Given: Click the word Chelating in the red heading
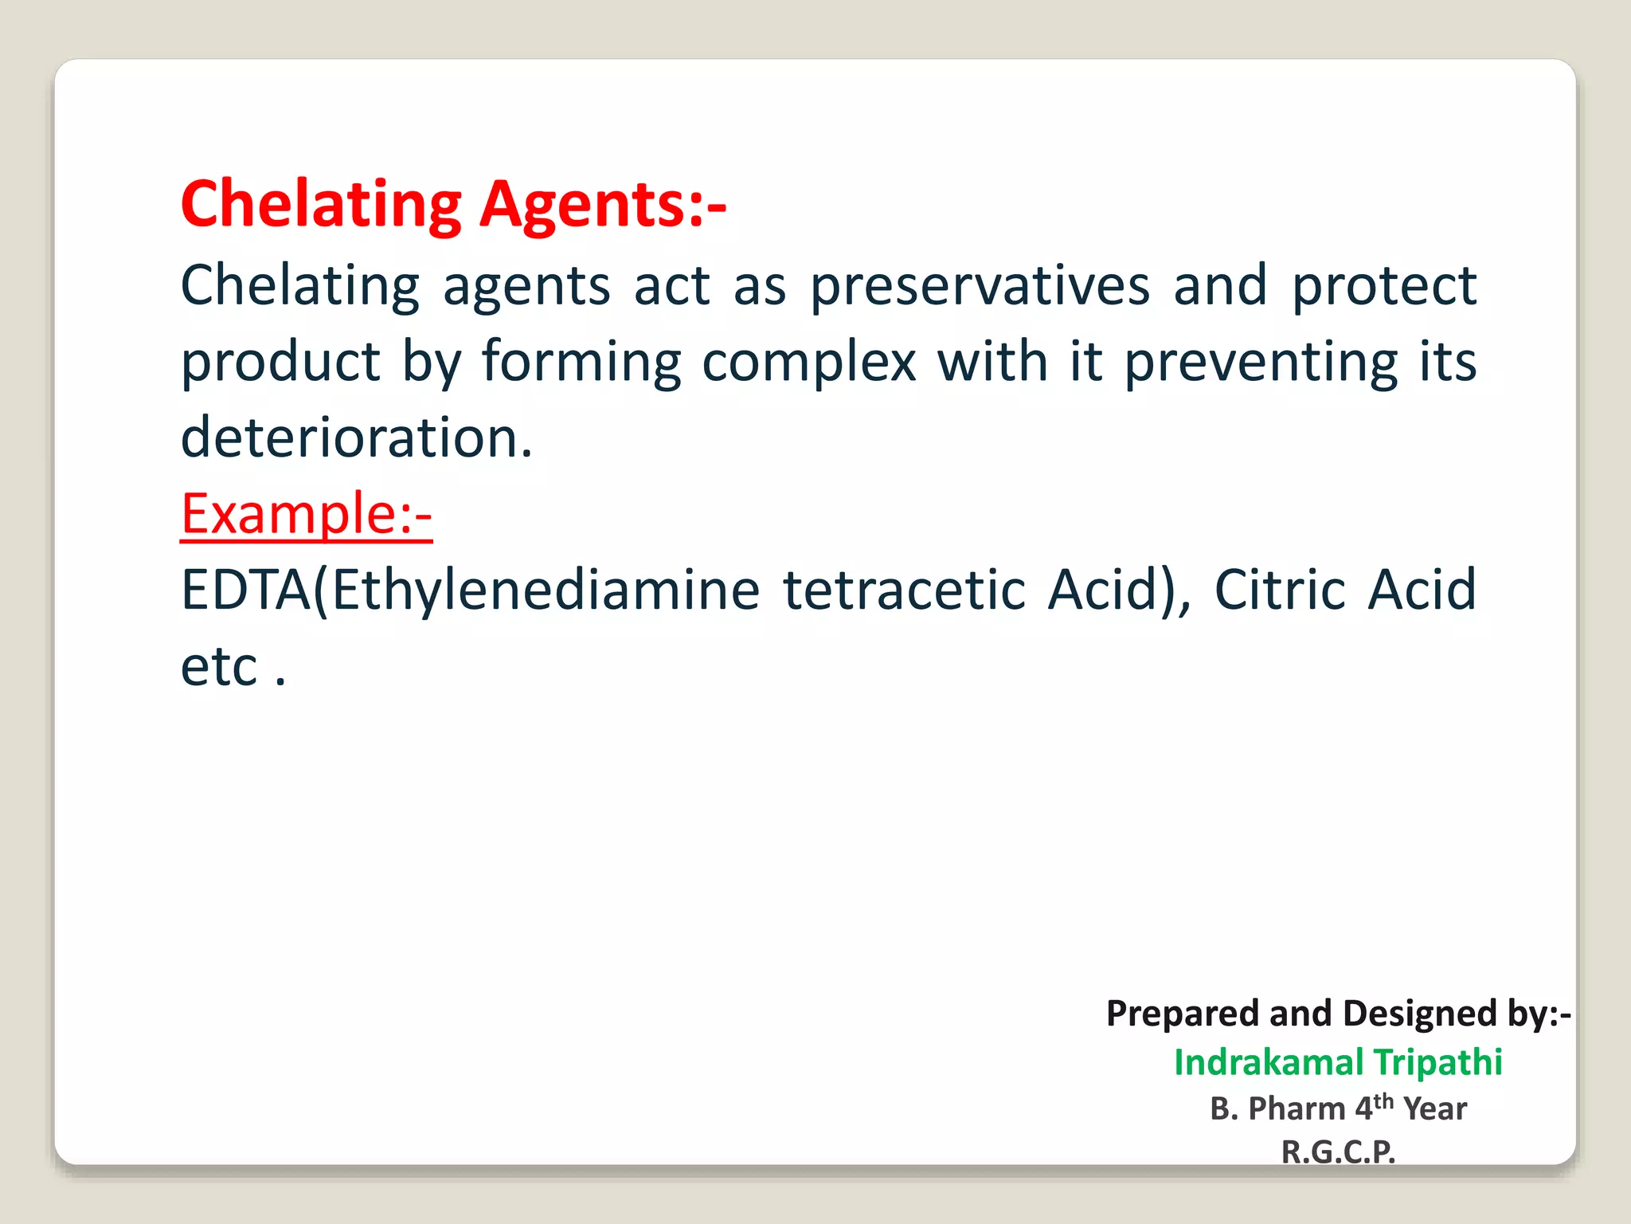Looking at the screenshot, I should click(321, 204).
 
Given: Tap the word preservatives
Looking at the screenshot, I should click(980, 286).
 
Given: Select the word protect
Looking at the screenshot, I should click(1384, 286).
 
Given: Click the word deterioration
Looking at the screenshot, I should click(356, 437).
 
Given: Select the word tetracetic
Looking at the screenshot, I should click(904, 590).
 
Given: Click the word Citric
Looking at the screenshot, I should click(1279, 590).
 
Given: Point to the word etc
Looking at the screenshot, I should click(220, 667).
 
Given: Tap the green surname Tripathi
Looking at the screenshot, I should click(1438, 1062).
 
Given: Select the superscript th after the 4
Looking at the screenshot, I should click(1384, 1101).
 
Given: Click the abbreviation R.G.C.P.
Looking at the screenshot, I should click(1338, 1151).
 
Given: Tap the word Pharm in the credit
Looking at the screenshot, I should click(1297, 1109).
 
